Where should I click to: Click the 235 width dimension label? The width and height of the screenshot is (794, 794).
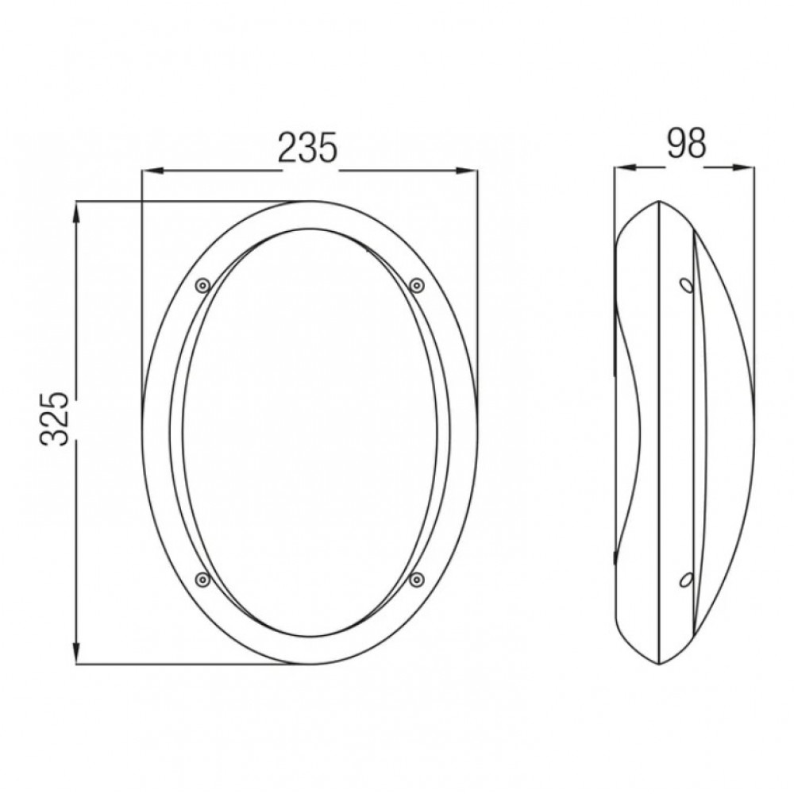(x=308, y=148)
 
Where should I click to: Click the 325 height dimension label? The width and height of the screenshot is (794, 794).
(x=54, y=418)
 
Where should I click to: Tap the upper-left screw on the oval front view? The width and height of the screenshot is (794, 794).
(x=202, y=286)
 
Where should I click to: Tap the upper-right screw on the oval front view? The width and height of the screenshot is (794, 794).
(x=416, y=286)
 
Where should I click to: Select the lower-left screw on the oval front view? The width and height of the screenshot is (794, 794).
(x=202, y=579)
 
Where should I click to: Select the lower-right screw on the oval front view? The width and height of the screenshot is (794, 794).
(x=416, y=579)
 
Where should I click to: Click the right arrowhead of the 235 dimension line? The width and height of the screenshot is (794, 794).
(x=468, y=172)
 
